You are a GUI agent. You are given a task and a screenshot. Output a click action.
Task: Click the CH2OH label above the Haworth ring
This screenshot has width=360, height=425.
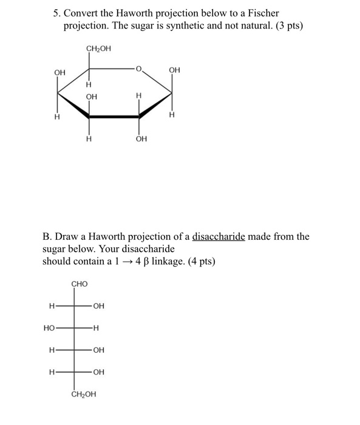click(x=98, y=49)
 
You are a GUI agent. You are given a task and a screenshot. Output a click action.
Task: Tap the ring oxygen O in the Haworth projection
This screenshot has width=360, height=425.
click(x=139, y=70)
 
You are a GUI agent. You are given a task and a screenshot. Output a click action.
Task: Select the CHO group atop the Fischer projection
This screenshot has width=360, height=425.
click(x=80, y=284)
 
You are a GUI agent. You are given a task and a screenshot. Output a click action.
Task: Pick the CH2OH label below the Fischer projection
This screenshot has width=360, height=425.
click(x=84, y=394)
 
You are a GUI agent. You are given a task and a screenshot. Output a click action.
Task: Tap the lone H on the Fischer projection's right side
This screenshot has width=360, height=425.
click(x=96, y=328)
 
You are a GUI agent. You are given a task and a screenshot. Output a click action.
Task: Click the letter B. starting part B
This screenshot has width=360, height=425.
click(x=47, y=236)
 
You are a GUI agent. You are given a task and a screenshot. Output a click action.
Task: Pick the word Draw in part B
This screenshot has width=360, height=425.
click(x=69, y=236)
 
